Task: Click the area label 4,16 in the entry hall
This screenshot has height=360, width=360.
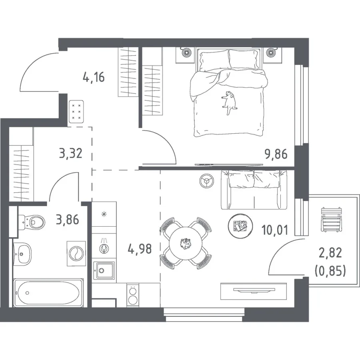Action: coord(94,77)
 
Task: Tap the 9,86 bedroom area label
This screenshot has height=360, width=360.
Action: coord(276,154)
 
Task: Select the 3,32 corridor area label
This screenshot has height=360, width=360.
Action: coord(70,153)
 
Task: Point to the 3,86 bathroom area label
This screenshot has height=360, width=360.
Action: coord(68,219)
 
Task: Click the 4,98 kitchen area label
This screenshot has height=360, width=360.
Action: coord(140,249)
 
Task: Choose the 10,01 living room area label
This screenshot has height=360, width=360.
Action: coord(275,230)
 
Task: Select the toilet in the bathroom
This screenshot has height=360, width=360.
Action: coord(32,222)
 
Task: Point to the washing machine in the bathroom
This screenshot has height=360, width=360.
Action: coord(76,253)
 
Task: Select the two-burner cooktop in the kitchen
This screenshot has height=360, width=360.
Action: coord(133,295)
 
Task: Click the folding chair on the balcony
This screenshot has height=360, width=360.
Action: coord(332,219)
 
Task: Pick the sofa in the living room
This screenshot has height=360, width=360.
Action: coord(254,190)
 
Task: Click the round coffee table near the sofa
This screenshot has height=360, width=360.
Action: coord(240,225)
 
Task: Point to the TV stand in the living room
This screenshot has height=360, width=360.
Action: coord(254,291)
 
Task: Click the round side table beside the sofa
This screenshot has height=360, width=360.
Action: coord(207,181)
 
